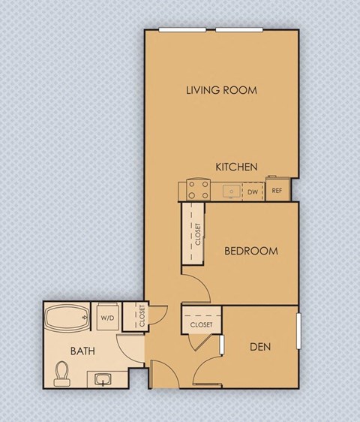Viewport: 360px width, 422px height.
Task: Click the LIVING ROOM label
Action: [221, 90]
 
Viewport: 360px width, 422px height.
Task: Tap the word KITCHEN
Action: [237, 167]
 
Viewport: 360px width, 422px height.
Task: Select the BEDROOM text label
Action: [251, 251]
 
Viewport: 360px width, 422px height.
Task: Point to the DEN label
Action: [260, 347]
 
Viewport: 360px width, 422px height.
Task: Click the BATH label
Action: [82, 351]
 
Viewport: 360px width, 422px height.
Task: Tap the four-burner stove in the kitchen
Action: [198, 191]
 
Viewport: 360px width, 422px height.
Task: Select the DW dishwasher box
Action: [253, 191]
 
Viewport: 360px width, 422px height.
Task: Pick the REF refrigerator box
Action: [276, 191]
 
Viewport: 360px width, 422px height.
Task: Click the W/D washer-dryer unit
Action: [106, 318]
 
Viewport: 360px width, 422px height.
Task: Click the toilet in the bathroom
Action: [63, 372]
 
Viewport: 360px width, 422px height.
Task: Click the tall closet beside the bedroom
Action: [197, 234]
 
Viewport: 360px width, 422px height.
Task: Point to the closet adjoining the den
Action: [200, 323]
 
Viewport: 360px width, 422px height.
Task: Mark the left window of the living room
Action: [181, 30]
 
